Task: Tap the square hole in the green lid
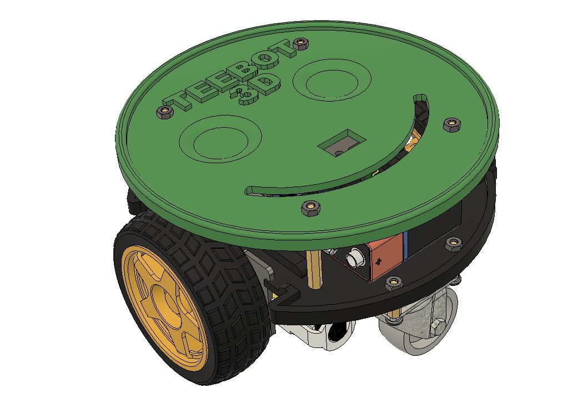point(340,143)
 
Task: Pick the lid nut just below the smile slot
point(309,208)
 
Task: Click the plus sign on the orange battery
point(380,260)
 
